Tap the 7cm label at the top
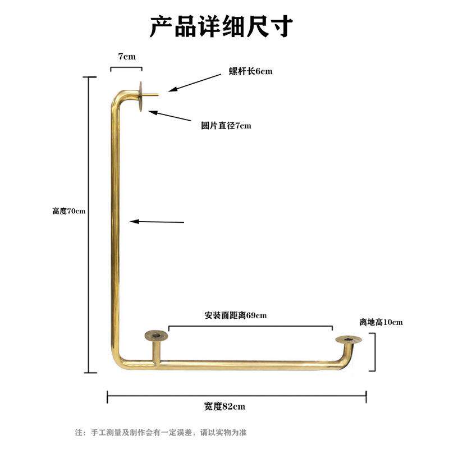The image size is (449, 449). pos(126,57)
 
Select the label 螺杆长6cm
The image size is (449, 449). pos(250,71)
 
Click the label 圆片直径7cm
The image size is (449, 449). pos(226,126)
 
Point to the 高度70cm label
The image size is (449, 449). pos(68,211)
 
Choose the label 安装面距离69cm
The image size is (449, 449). pos(236,315)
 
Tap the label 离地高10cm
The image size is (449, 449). pos(381,322)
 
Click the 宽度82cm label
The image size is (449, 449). pos(224,406)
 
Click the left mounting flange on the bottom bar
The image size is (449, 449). pos(155,336)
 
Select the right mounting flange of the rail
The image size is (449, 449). pos(348,340)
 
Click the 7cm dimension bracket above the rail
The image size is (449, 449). pos(126,68)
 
